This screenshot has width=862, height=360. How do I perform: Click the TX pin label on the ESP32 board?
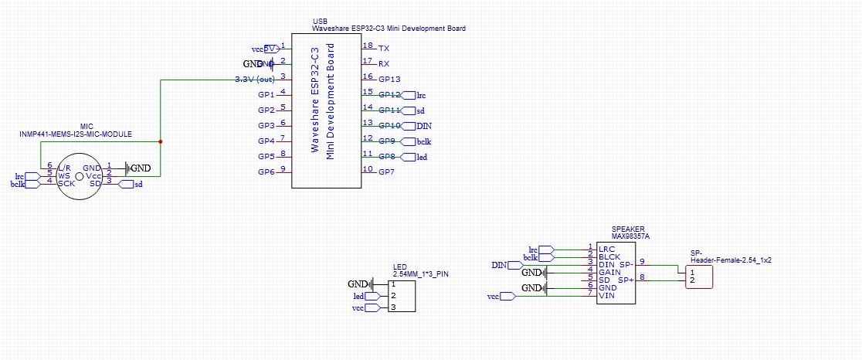(x=384, y=49)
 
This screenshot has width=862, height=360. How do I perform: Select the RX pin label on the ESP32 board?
(x=384, y=64)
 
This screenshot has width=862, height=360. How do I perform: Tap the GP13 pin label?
(x=389, y=80)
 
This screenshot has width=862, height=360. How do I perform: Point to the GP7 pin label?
(x=387, y=172)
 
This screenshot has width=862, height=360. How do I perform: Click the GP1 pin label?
(x=266, y=95)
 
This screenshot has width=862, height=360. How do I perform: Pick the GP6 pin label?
(x=266, y=172)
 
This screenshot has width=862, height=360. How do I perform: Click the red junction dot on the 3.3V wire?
(x=160, y=141)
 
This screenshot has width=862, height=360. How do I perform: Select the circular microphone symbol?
(x=79, y=177)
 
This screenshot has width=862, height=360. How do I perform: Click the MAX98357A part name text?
(x=630, y=236)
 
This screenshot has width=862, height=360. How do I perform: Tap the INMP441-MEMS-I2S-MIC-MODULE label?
(x=76, y=134)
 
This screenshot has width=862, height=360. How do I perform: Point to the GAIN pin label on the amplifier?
(x=610, y=272)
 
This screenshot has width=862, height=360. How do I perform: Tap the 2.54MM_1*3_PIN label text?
(x=420, y=274)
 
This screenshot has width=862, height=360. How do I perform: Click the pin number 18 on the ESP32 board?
(x=368, y=46)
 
